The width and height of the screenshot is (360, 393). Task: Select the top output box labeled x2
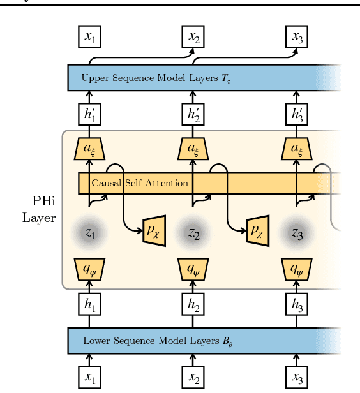click(192, 38)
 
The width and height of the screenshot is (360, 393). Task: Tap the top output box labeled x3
click(297, 38)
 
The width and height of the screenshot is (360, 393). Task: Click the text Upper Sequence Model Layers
click(133, 78)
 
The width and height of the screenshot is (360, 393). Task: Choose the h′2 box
click(192, 115)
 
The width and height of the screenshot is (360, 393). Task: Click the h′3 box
click(297, 115)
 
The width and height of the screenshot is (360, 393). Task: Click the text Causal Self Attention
click(140, 183)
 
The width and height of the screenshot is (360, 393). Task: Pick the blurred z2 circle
click(192, 234)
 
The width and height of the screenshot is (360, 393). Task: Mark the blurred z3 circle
click(297, 234)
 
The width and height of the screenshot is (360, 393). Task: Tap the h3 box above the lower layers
click(297, 305)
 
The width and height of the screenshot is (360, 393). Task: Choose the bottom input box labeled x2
click(192, 378)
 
